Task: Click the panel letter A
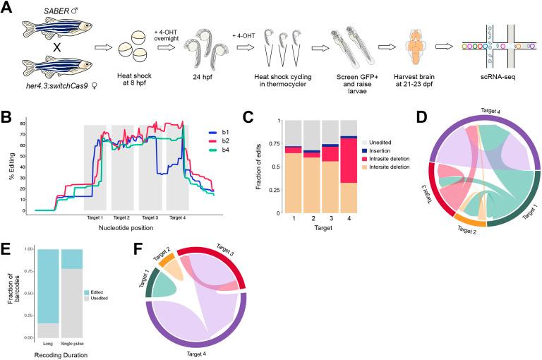pyautogui.click(x=8, y=8)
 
